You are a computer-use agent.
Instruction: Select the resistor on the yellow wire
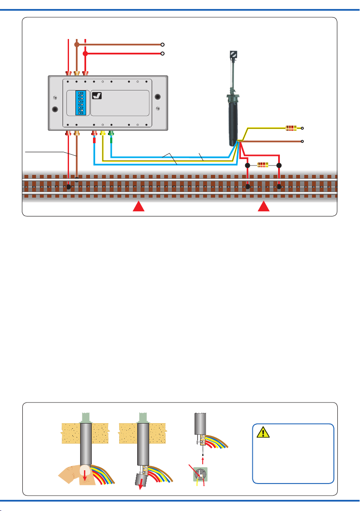coord(291,128)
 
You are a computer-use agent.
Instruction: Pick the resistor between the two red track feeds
coord(263,165)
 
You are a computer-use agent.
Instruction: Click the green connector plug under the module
coord(111,134)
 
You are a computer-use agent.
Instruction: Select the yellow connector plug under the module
coord(102,134)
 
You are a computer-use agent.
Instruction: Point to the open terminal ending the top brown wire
coord(162,44)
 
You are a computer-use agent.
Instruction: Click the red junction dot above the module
coord(85,54)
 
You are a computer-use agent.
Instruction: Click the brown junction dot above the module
coord(77,44)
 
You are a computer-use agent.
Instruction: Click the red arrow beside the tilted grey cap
coord(142,486)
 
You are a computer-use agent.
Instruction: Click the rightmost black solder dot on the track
coord(279,186)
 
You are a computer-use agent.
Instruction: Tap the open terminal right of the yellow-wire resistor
coord(303,128)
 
